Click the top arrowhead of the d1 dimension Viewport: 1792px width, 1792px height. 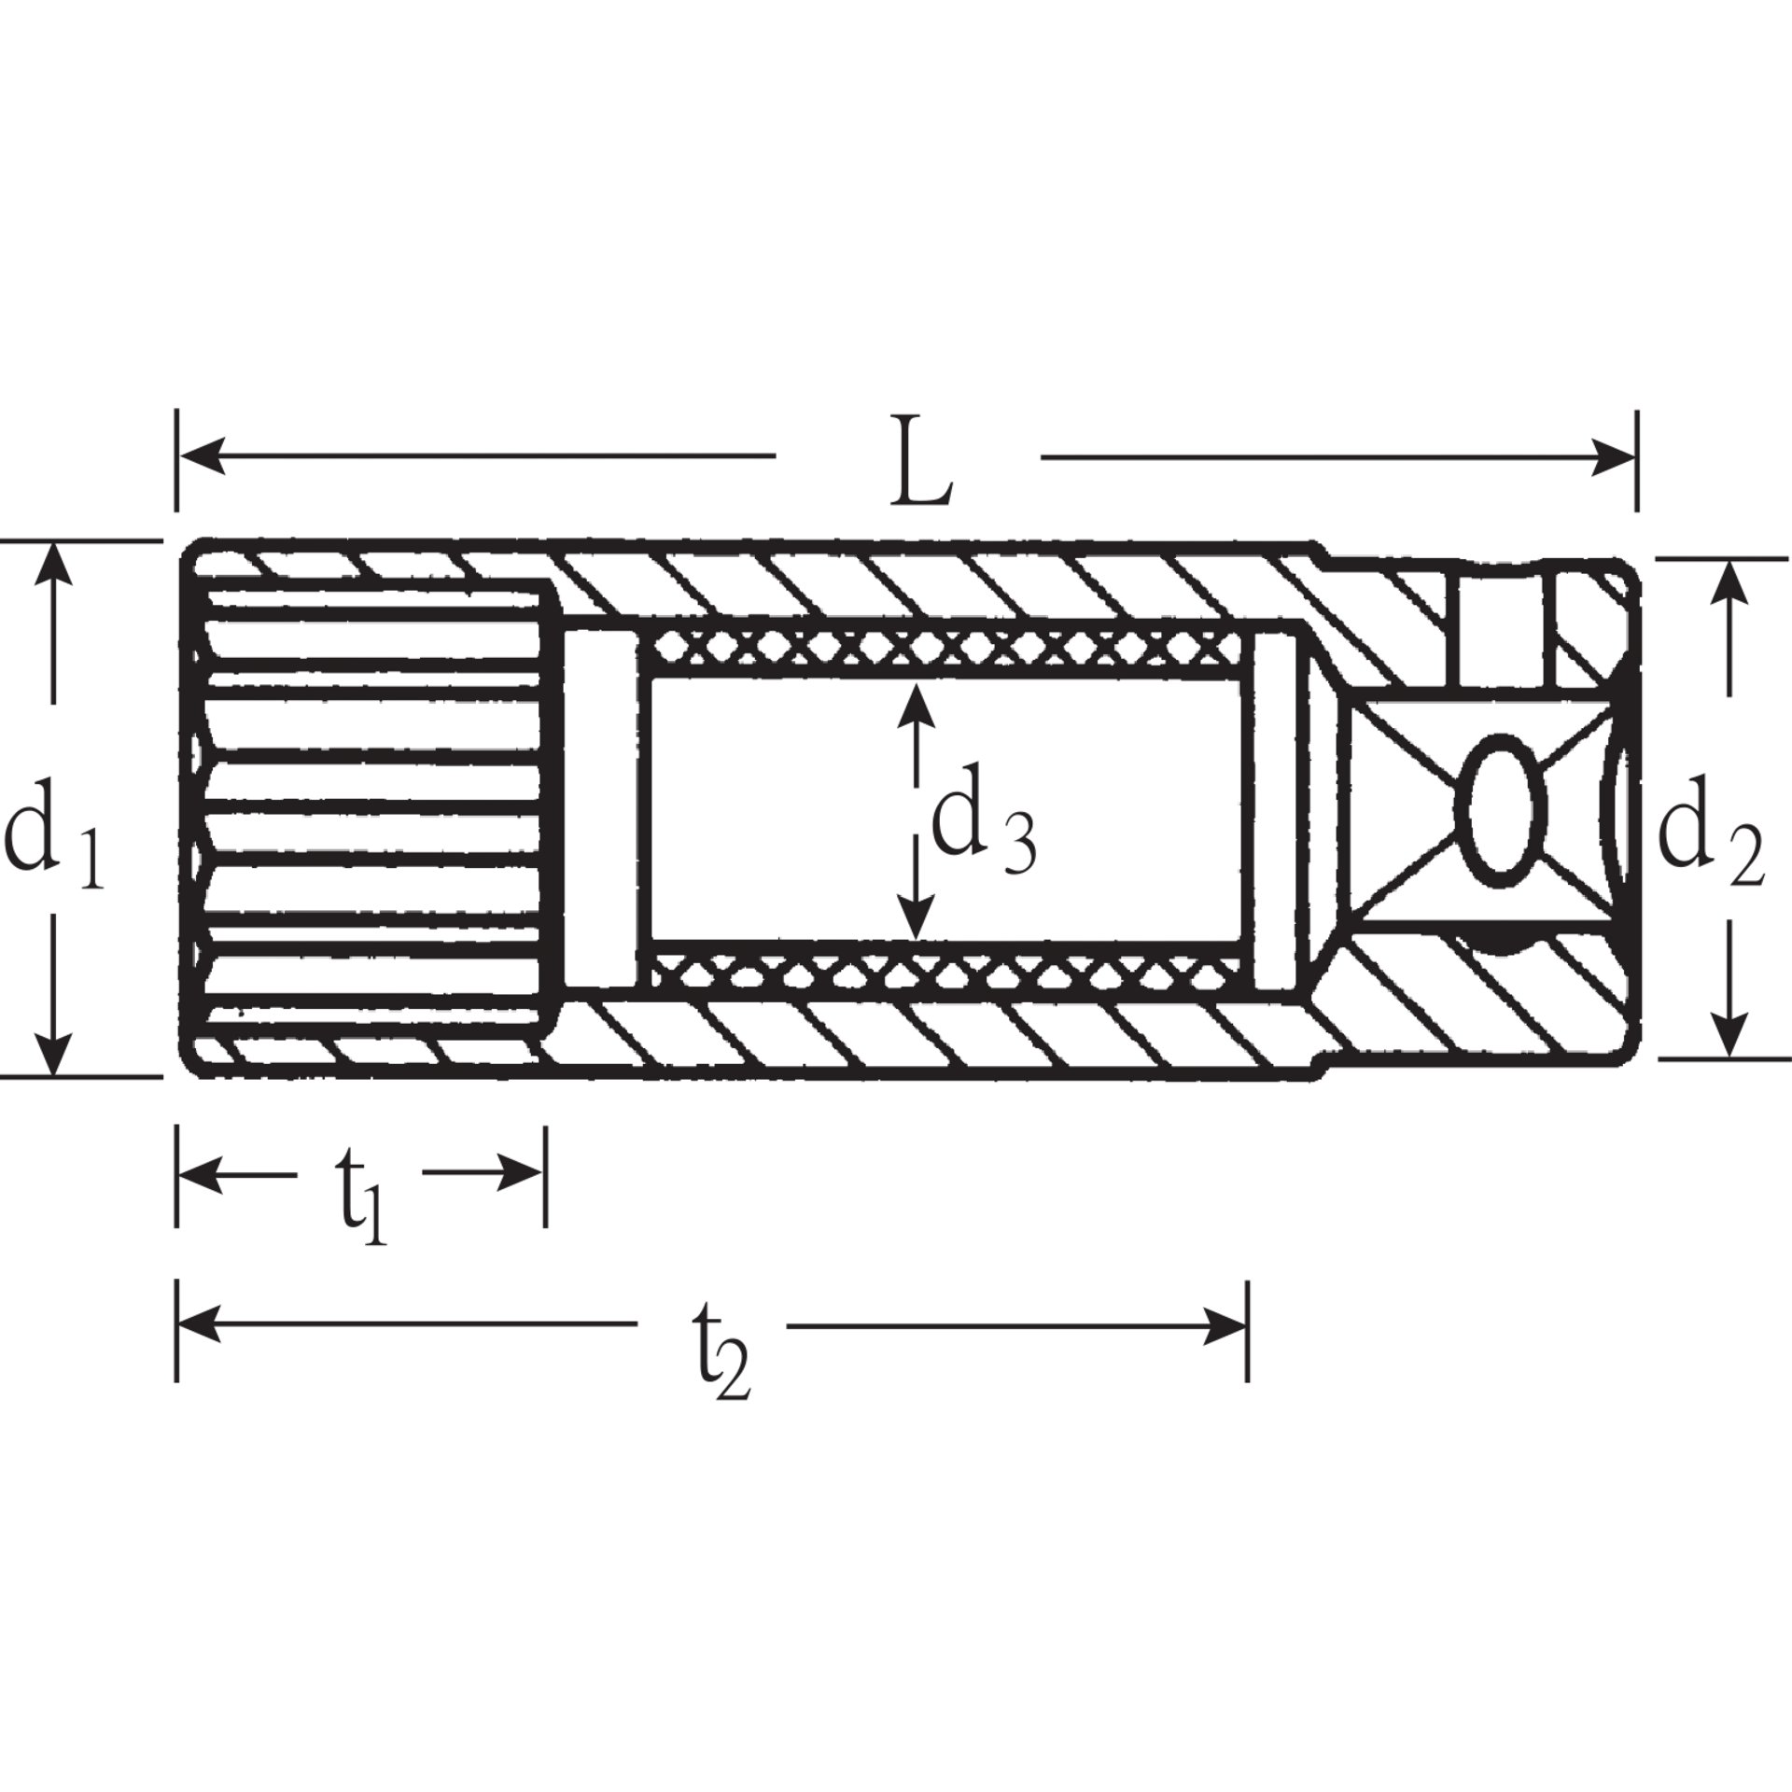click(54, 564)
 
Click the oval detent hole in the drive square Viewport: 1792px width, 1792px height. click(1500, 808)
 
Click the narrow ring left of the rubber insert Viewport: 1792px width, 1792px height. click(597, 808)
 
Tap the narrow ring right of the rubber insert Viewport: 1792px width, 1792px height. click(1275, 808)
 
